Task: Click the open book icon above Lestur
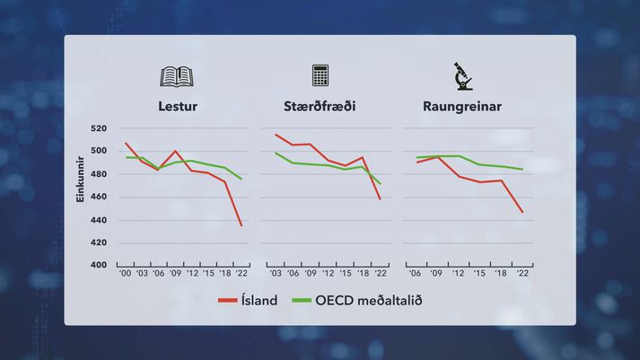click(177, 76)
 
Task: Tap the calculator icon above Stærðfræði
click(320, 75)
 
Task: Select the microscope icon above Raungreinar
click(463, 76)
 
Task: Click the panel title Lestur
click(178, 106)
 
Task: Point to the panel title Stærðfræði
click(320, 106)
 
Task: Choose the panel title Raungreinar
click(462, 107)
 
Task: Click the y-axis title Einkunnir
click(80, 179)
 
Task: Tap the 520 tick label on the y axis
click(99, 128)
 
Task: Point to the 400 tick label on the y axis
click(99, 265)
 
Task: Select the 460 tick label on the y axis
click(99, 197)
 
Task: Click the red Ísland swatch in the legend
click(227, 301)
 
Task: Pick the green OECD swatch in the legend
click(302, 301)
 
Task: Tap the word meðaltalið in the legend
click(390, 301)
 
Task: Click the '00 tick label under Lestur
click(125, 274)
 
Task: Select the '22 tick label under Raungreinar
click(522, 274)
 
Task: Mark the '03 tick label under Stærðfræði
click(276, 274)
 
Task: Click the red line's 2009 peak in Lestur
click(175, 151)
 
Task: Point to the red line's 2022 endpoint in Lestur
click(241, 225)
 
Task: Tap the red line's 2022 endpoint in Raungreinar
click(522, 212)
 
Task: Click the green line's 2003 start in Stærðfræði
click(276, 153)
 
